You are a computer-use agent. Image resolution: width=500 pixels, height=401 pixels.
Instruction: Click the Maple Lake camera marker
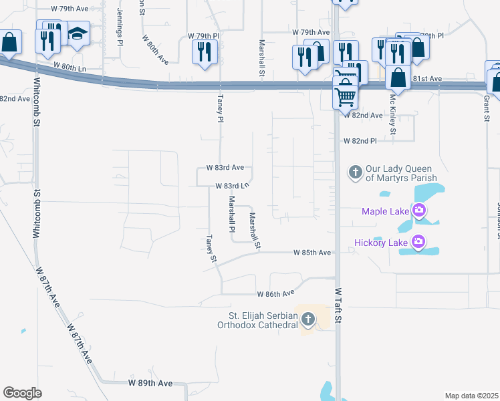(419, 212)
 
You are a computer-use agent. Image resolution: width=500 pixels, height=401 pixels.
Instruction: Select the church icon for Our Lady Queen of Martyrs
(355, 172)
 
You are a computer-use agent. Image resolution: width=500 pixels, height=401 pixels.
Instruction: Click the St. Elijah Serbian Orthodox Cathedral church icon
(307, 319)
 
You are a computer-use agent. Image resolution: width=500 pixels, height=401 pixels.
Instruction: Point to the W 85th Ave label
(312, 253)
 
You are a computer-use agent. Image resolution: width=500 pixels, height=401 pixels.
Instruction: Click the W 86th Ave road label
(275, 294)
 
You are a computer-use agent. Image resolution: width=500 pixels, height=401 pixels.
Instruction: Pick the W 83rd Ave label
(225, 167)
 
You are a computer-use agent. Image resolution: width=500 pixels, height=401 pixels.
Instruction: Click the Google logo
(22, 393)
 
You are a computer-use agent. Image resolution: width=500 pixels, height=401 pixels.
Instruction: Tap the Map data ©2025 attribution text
(471, 396)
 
